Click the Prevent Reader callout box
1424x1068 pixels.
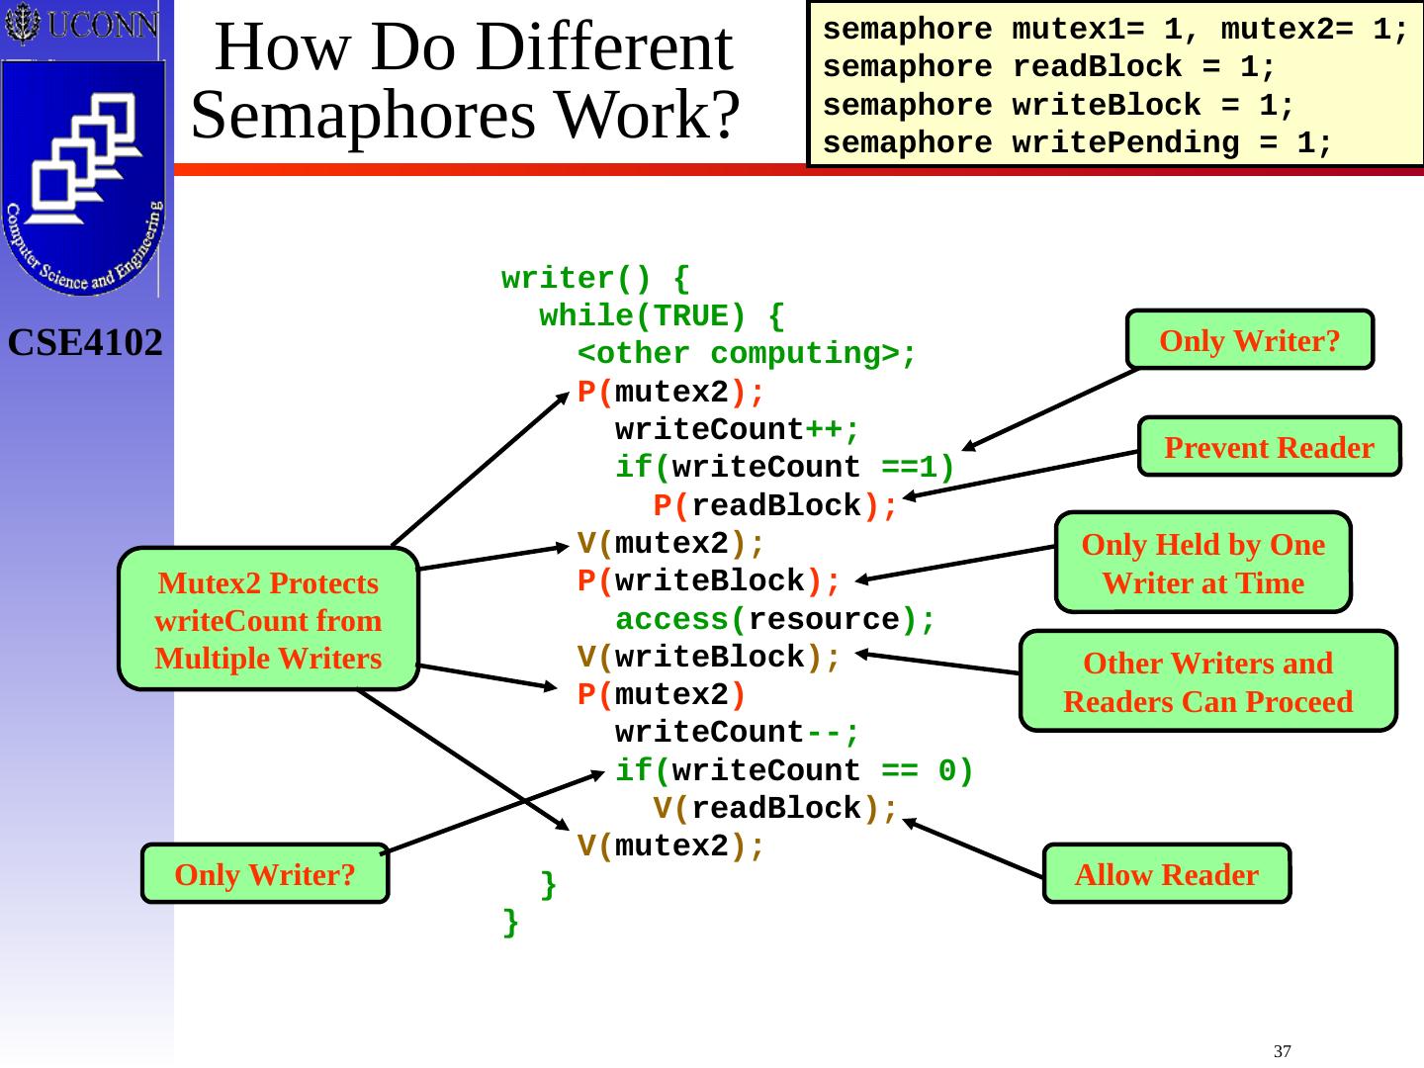(1269, 447)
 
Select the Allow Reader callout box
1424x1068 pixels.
(1166, 874)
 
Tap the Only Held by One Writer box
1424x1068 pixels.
(1202, 563)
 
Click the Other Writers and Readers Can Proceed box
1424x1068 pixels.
(1207, 681)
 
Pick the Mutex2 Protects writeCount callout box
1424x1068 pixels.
(268, 620)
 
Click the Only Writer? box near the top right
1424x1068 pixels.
(1249, 340)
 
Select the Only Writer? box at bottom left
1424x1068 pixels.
(264, 874)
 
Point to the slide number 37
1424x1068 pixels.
(1283, 1050)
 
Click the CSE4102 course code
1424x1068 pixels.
(86, 343)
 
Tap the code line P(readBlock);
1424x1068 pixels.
(775, 506)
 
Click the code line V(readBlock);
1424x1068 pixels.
(775, 809)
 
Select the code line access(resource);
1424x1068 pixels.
(774, 620)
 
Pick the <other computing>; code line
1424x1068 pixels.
(748, 354)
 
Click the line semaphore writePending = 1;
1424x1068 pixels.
(1078, 143)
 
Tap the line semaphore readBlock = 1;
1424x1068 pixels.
(1049, 68)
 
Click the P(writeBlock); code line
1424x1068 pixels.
(709, 581)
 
